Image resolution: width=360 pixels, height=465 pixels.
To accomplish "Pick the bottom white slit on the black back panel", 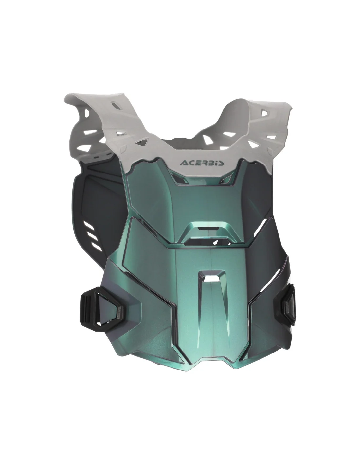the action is point(97,247).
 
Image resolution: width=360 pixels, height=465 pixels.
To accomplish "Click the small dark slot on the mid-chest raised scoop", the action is point(204,228).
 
